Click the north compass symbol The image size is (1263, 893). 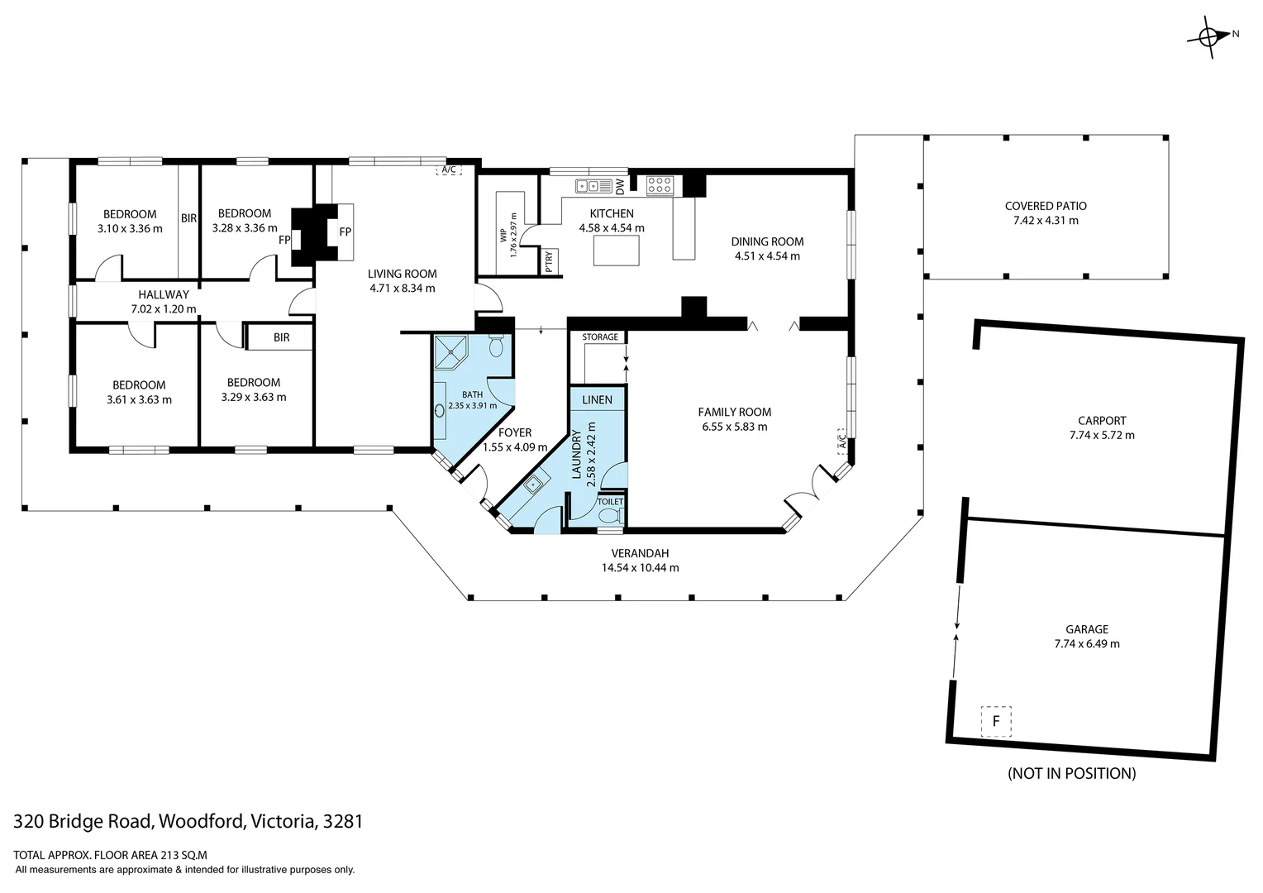tap(1208, 36)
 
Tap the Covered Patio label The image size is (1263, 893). tap(1046, 206)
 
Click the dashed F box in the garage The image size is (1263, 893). tap(996, 721)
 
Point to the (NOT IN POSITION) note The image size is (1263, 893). tap(1071, 773)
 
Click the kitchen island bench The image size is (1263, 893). tap(617, 251)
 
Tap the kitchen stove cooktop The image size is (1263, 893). tap(659, 185)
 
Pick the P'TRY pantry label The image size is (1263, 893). tap(549, 262)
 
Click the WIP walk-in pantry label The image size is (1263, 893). tap(503, 236)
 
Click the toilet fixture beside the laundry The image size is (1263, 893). tap(609, 516)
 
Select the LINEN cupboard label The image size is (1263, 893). tap(597, 399)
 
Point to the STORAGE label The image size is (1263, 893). tap(600, 337)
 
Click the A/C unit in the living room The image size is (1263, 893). tap(449, 170)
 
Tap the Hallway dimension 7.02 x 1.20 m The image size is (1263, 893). tap(164, 309)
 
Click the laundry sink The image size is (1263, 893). tap(534, 484)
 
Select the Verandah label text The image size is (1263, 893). tap(640, 553)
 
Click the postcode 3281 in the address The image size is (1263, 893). tap(343, 821)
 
